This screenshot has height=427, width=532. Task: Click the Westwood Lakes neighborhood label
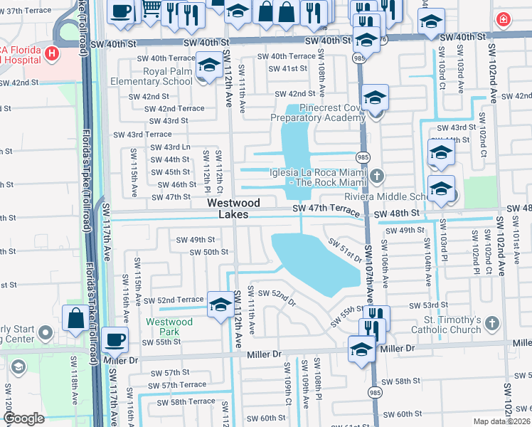coord(233,209)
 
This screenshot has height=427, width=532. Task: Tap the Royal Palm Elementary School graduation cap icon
coord(209,66)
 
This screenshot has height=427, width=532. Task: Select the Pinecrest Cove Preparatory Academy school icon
coord(374,99)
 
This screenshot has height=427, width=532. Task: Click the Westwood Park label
coord(169,327)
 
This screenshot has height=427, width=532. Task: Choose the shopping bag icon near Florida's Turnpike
coord(75,319)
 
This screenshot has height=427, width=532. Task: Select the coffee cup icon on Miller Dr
coord(114,340)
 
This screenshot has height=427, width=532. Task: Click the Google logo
coord(23,418)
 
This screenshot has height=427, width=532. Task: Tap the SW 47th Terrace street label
coord(327,209)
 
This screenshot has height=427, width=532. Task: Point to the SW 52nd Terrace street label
coord(174,300)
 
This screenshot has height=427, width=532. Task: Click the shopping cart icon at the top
coord(151,9)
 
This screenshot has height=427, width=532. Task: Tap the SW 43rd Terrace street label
coord(142,135)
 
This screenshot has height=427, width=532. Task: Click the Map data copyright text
coord(500,421)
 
